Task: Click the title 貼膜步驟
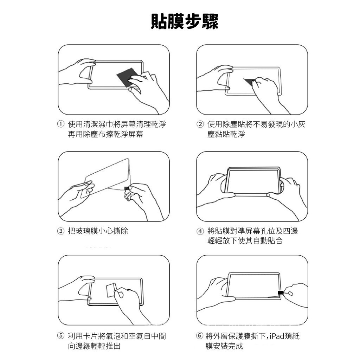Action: pos(185,21)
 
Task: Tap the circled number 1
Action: pos(60,124)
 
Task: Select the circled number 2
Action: pos(200,124)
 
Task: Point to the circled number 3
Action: pos(60,231)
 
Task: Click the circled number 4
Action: pos(200,231)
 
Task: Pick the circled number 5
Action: pos(60,336)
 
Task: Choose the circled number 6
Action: pos(199,336)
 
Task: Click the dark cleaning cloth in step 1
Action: pos(128,77)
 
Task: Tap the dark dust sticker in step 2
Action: pos(250,82)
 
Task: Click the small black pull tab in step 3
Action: pos(127,189)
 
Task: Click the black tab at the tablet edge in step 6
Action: pos(281,292)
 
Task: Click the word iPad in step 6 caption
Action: pos(277,336)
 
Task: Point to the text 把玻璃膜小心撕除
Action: pos(98,231)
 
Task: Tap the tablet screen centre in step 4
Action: pos(253,182)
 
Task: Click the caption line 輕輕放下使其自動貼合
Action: pos(245,240)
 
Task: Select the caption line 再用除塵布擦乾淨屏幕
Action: pos(105,134)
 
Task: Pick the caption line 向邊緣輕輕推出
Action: pos(94,346)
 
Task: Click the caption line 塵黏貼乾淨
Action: pos(226,134)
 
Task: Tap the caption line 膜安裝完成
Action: pos(224,346)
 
